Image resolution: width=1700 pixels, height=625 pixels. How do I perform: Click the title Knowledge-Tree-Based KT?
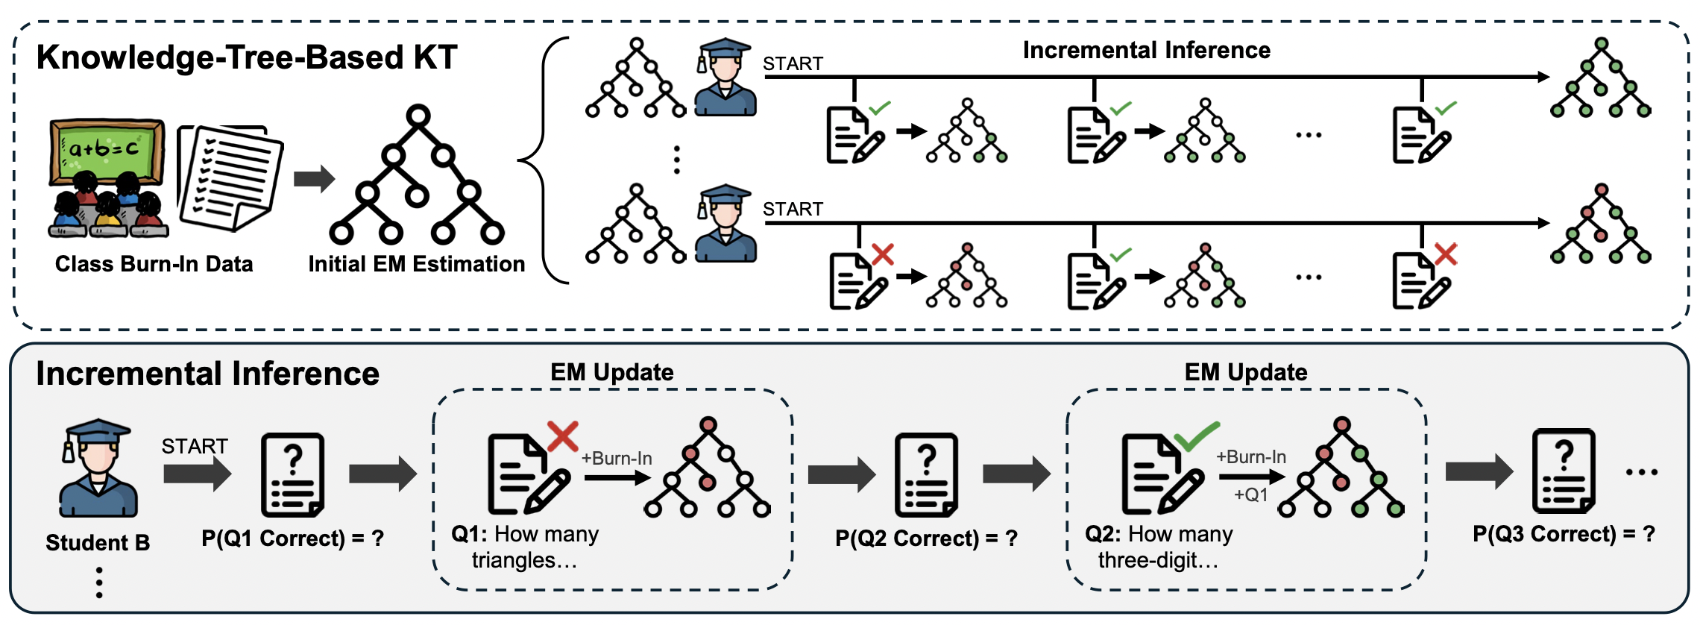pos(247,57)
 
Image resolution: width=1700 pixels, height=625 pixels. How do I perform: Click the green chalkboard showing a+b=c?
pos(107,151)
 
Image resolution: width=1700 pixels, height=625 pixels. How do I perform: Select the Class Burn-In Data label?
pos(154,264)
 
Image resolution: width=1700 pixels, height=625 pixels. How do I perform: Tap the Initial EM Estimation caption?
pos(417,264)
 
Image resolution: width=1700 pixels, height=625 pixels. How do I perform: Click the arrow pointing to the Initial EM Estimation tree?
pos(314,179)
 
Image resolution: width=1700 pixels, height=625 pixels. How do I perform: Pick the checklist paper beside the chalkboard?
pos(230,178)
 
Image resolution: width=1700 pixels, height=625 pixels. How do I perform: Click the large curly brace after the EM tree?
pos(544,160)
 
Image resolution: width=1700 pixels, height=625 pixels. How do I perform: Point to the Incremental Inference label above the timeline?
pos(1146,50)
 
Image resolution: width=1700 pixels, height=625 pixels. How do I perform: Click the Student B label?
pos(98,542)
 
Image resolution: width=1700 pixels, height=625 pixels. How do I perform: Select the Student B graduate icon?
pos(98,468)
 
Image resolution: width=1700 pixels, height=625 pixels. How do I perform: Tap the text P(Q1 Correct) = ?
pos(292,538)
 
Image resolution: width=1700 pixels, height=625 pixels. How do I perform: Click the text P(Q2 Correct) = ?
pos(926,538)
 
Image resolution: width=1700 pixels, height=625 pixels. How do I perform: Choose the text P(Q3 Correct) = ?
pos(1564,534)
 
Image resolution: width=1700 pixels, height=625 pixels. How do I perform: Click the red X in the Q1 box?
pos(563,436)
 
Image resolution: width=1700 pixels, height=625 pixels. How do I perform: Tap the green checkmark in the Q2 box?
pos(1197,435)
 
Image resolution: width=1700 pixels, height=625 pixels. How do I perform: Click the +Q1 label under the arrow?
pos(1250,495)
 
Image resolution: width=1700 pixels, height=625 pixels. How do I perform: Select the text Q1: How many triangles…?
pos(525,547)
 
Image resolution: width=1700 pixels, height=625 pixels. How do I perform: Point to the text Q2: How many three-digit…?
pos(1159,547)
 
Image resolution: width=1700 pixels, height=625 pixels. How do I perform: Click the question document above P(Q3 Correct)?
pos(1564,471)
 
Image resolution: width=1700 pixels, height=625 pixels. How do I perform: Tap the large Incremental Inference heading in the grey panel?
pos(208,374)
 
